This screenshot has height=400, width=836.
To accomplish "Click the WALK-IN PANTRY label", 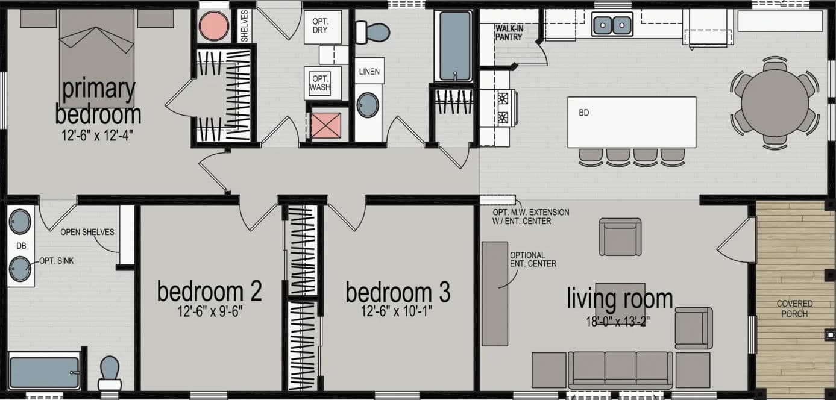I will tap(509, 33).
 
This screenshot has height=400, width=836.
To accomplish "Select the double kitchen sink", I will tap(612, 25).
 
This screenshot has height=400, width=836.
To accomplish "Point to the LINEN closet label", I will tap(369, 72).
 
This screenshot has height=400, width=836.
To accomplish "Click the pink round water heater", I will tap(214, 26).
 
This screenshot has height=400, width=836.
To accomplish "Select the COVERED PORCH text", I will tap(794, 308).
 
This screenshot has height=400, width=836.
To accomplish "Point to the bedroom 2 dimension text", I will tap(209, 312).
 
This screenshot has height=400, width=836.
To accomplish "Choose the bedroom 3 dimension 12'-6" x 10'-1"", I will tap(397, 312).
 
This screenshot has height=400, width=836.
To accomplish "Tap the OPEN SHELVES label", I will tap(87, 232).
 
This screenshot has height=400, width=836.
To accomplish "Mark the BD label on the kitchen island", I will tap(583, 113).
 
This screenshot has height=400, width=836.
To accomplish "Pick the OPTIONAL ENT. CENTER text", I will tap(533, 259).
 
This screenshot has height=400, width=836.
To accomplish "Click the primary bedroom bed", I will tap(96, 57).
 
